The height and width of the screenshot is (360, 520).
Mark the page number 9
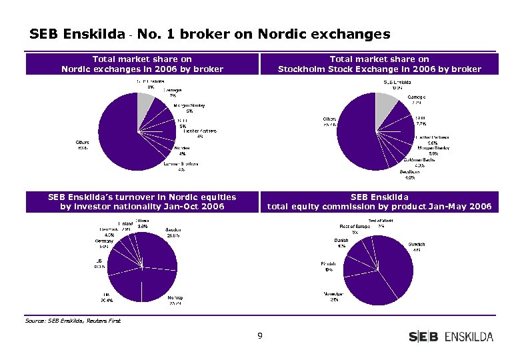[x=260, y=335]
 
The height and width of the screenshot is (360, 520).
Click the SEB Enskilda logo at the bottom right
[x=451, y=337]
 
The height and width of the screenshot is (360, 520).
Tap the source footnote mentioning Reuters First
[x=73, y=321]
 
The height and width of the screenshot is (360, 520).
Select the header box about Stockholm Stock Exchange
[x=379, y=64]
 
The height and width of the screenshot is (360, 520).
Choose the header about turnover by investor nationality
[x=142, y=201]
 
